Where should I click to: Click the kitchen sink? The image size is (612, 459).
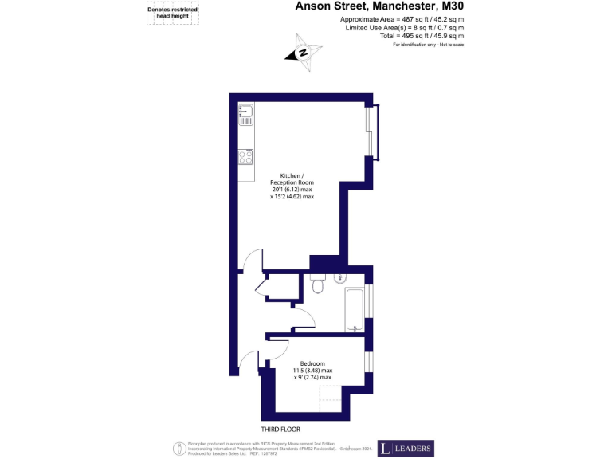(245, 116)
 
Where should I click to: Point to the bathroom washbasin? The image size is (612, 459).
(341, 278)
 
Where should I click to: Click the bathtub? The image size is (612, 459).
(355, 310)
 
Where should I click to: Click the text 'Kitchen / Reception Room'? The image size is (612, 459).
(291, 178)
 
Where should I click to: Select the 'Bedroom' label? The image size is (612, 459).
(312, 363)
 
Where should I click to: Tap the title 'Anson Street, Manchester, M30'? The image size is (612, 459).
(379, 6)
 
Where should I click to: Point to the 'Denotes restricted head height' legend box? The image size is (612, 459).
(173, 12)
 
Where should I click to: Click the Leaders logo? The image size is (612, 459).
(406, 449)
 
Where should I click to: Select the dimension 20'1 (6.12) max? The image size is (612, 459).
(291, 189)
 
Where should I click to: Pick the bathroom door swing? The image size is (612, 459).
(304, 319)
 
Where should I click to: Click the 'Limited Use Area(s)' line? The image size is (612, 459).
(404, 27)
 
